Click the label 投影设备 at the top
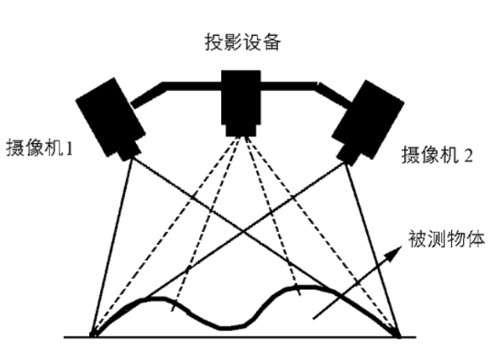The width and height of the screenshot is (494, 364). coord(243,42)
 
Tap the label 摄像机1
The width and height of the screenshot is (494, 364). coord(39,147)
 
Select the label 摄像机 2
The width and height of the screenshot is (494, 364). coord(437,155)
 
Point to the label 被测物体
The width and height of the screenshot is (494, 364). coord(446,239)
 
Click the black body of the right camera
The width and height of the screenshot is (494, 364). coord(368,119)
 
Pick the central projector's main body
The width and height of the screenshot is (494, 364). coord(241,98)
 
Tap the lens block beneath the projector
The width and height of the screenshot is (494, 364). coord(241,130)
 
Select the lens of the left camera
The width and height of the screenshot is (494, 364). coord(129,151)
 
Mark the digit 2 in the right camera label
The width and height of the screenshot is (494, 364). coord(469,155)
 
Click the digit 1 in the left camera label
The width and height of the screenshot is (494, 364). coord(69,148)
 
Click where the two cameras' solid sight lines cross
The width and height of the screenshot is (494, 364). coord(243,233)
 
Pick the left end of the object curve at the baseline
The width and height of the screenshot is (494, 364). coord(93,335)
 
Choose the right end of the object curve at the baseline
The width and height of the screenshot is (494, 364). coord(398,335)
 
